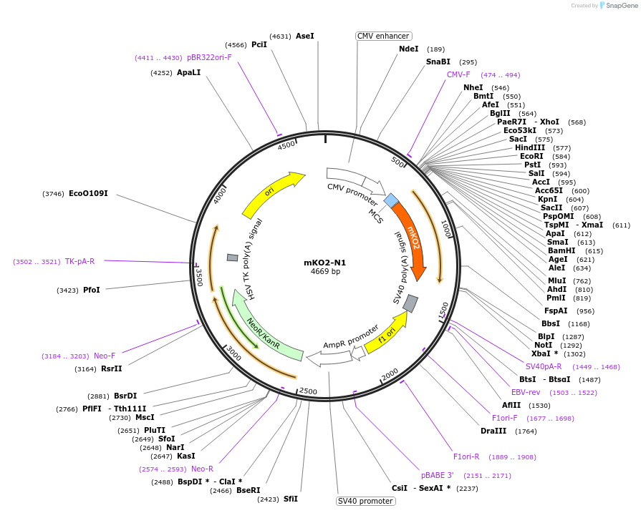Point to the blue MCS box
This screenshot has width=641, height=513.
pyautogui.click(x=392, y=201)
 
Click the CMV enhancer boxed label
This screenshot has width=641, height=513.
pyautogui.click(x=383, y=36)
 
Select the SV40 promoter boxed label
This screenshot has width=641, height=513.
pyautogui.click(x=365, y=501)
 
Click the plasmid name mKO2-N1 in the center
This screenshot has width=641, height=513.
pyautogui.click(x=325, y=262)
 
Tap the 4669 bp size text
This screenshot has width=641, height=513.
pyautogui.click(x=325, y=272)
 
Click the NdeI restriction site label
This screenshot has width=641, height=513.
pyautogui.click(x=408, y=49)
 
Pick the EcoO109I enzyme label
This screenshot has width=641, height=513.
pyautogui.click(x=88, y=193)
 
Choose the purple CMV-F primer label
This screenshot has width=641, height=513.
pyautogui.click(x=458, y=74)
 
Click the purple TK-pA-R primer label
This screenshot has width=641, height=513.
pyautogui.click(x=79, y=261)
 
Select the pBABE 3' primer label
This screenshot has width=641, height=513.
pyautogui.click(x=437, y=475)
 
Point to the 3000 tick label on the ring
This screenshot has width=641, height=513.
pyautogui.click(x=233, y=351)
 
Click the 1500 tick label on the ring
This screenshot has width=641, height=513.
pyautogui.click(x=443, y=311)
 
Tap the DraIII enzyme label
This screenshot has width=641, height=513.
pyautogui.click(x=493, y=431)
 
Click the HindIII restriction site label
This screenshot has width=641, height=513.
pyautogui.click(x=529, y=147)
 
